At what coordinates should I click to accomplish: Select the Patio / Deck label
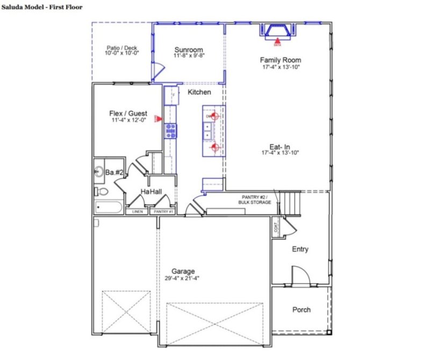[x=122, y=48]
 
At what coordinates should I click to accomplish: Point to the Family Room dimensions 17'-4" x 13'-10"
[x=279, y=68]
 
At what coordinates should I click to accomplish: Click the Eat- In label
[x=279, y=146]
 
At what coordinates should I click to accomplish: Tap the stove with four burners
[x=171, y=131]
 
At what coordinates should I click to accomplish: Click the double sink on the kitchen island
[x=207, y=131]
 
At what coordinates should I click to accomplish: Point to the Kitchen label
[x=199, y=93]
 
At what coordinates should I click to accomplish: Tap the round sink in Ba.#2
[x=99, y=172]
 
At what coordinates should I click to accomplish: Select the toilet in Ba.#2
[x=101, y=191]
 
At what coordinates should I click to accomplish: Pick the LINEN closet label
[x=138, y=211]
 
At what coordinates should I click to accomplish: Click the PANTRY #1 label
[x=163, y=211]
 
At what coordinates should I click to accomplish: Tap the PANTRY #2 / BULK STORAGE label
[x=256, y=200]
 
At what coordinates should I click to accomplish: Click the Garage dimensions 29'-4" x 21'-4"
[x=183, y=279]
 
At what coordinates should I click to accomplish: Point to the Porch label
[x=301, y=309]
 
